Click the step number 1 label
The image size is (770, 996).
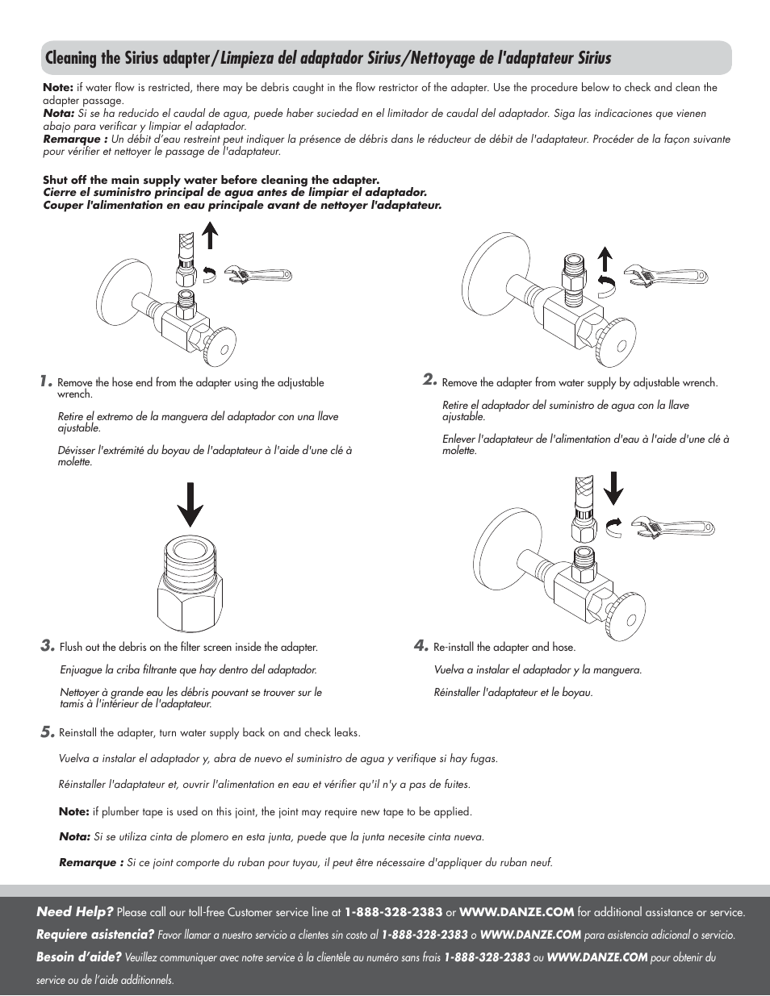click(47, 381)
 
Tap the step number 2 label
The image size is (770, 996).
click(430, 380)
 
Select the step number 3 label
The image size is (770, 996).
click(48, 645)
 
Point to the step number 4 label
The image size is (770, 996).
click(421, 645)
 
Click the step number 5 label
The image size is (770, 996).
click(48, 731)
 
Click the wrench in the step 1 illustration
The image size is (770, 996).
click(257, 275)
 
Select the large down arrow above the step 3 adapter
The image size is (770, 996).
click(190, 505)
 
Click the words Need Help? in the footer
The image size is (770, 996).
click(74, 911)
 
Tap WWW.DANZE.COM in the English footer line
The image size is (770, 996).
click(517, 912)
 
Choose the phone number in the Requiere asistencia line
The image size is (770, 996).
click(425, 935)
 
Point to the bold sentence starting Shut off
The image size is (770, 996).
click(211, 180)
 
